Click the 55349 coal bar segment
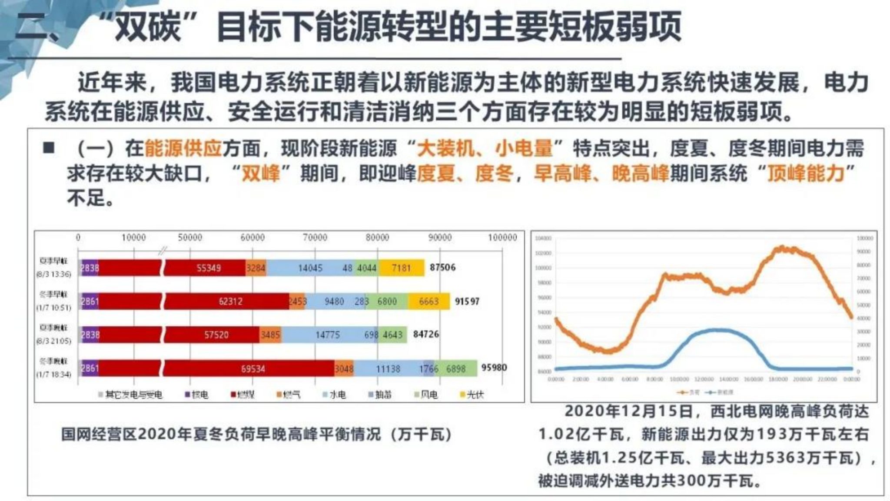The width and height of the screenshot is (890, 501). [x=209, y=268]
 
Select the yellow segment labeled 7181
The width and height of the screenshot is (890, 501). [x=401, y=268]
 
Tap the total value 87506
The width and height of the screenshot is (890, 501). [x=442, y=268]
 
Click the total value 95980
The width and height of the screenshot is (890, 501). [x=494, y=368]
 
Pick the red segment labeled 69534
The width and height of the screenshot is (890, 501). [x=253, y=369]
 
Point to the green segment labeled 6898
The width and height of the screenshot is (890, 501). [x=455, y=369]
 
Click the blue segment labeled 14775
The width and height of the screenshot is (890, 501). [x=327, y=335]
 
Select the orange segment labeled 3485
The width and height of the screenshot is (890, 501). [x=270, y=335]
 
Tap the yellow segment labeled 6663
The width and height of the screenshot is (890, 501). [x=428, y=302]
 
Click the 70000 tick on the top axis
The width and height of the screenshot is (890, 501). [x=315, y=238]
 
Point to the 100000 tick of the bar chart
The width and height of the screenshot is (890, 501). [x=502, y=238]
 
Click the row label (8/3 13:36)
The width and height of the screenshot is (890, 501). [x=53, y=275]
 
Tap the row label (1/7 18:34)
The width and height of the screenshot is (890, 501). [x=53, y=375]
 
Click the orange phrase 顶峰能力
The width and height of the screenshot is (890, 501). [x=805, y=173]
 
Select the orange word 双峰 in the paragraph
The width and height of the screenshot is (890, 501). [x=260, y=173]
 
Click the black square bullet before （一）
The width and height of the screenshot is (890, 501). [x=49, y=148]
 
